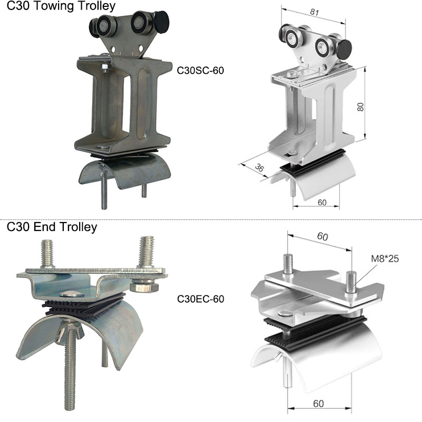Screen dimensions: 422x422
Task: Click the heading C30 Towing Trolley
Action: coord(61,6)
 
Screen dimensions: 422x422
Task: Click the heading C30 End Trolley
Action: coord(52,227)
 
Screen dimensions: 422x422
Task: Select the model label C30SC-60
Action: coord(200,71)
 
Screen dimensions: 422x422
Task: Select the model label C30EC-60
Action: coord(200,299)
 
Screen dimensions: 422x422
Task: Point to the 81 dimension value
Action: coord(314,12)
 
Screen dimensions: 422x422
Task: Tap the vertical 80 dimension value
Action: coord(360,107)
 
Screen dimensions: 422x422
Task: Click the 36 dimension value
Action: coord(259,168)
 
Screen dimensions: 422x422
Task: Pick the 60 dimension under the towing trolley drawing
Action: coord(322,203)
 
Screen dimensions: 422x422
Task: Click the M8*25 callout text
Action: coord(385,258)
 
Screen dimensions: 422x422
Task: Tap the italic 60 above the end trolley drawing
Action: coord(322,236)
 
